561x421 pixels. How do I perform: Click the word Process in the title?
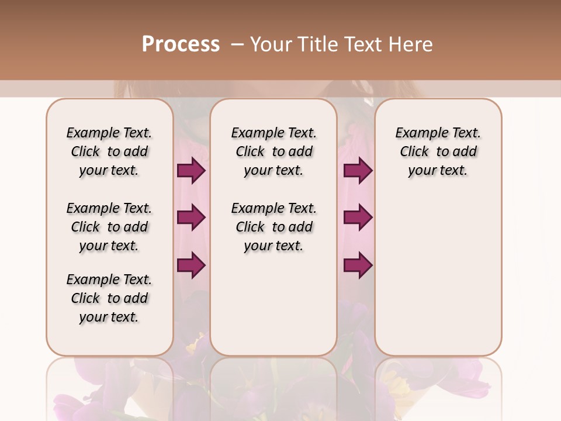181,44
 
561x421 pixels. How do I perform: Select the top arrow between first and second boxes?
191,171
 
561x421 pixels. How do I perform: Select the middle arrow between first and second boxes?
191,218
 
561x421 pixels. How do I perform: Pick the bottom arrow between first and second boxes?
191,265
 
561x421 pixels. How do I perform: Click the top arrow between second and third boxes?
358,171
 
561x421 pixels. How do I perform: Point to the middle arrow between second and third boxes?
358,218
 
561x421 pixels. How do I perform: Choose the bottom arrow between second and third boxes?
358,265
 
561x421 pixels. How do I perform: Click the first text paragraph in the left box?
109,151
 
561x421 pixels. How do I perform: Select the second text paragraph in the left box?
109,227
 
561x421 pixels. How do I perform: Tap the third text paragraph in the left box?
109,298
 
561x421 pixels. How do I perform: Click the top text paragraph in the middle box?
273,151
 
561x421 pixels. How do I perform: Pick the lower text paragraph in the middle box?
273,227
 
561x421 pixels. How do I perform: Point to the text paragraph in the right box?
438,151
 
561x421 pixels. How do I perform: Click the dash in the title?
237,44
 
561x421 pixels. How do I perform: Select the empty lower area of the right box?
438,275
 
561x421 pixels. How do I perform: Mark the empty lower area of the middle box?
273,304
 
